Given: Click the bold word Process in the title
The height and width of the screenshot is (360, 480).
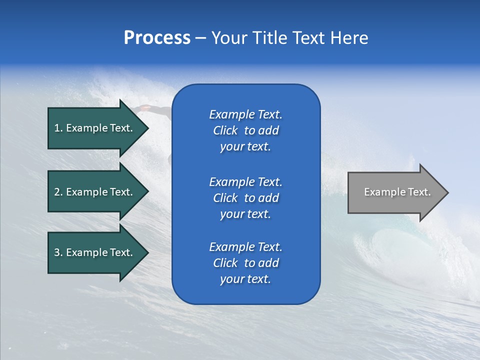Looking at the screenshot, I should pyautogui.click(x=157, y=38).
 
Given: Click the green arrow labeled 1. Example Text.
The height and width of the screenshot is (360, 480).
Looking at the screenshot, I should pyautogui.click(x=95, y=128).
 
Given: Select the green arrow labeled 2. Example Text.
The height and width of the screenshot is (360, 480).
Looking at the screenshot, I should pyautogui.click(x=95, y=192).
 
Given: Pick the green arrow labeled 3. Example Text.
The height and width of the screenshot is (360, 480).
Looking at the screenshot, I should pyautogui.click(x=95, y=252).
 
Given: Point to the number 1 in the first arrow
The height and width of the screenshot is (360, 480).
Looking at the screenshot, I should pyautogui.click(x=57, y=128).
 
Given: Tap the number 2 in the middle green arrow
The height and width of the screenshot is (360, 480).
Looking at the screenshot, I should pyautogui.click(x=57, y=192).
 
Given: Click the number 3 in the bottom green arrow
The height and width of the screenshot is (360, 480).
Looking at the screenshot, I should pyautogui.click(x=57, y=252).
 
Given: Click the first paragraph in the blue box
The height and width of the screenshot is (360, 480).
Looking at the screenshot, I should pyautogui.click(x=245, y=130).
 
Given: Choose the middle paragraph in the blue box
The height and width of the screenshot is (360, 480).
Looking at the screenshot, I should pyautogui.click(x=245, y=198).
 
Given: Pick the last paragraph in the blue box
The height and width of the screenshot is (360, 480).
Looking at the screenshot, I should pyautogui.click(x=245, y=263).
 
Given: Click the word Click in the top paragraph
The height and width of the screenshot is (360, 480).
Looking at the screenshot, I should pyautogui.click(x=225, y=130).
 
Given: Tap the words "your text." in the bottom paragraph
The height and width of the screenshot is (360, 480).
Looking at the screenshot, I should pyautogui.click(x=245, y=279).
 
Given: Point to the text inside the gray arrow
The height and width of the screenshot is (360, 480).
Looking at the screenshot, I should pyautogui.click(x=397, y=192).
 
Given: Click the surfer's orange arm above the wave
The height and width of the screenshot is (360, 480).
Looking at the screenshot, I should pyautogui.click(x=145, y=107).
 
